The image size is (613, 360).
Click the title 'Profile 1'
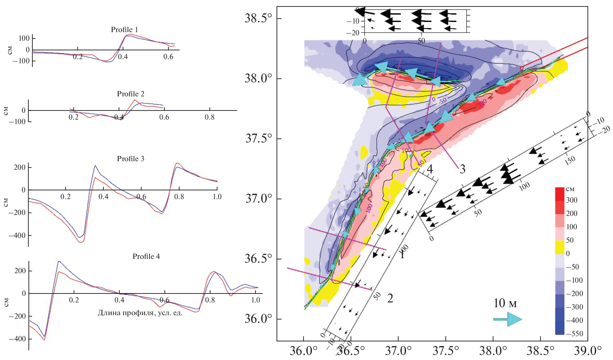point(124,30)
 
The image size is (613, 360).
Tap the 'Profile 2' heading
point(130,94)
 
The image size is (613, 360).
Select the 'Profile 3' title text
point(130,159)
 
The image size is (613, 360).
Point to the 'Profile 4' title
point(146,256)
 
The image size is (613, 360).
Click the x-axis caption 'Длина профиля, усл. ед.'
point(140,313)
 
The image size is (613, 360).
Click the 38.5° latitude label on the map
point(258,18)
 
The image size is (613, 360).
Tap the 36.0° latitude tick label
point(258,319)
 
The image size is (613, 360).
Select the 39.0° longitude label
point(588,351)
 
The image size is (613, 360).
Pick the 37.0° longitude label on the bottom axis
point(398,351)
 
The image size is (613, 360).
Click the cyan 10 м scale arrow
point(507,319)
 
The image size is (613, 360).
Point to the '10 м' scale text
point(505,303)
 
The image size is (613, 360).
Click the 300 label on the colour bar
point(571,200)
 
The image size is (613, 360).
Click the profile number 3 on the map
point(463,169)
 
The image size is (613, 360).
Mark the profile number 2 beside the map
point(390,298)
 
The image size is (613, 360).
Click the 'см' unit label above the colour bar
point(570,189)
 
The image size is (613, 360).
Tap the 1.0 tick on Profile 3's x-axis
point(217,197)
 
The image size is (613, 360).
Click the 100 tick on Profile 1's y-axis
point(24,38)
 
